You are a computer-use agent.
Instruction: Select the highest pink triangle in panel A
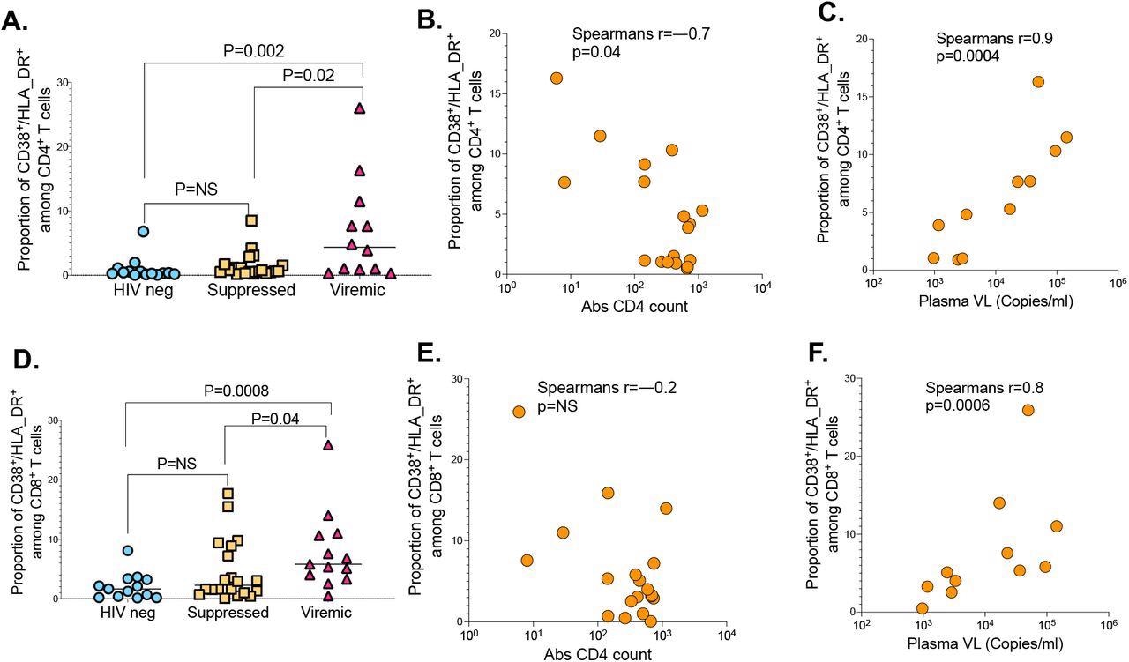pos(359,108)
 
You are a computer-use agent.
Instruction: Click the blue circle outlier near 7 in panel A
pos(144,232)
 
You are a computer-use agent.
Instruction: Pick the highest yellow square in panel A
pos(251,220)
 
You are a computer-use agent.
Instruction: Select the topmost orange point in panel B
pos(557,78)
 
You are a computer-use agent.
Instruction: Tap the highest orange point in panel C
pos(1038,82)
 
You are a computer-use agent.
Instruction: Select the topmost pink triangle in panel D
pos(328,445)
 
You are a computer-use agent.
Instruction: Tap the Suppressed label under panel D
pos(228,613)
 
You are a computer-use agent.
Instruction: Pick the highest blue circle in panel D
pos(128,550)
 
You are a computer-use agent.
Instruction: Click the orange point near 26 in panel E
pos(519,412)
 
